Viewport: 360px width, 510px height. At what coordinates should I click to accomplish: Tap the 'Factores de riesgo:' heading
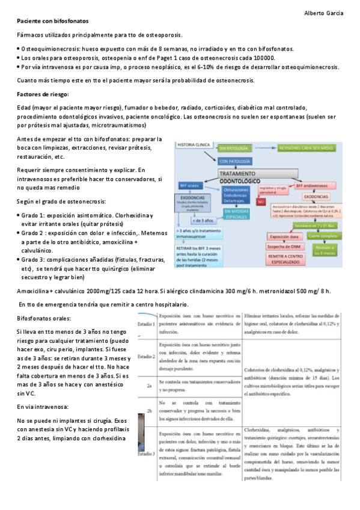43,94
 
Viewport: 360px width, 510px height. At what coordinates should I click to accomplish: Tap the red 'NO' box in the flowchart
261,202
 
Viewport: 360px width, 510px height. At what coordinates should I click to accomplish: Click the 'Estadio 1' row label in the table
147,324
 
